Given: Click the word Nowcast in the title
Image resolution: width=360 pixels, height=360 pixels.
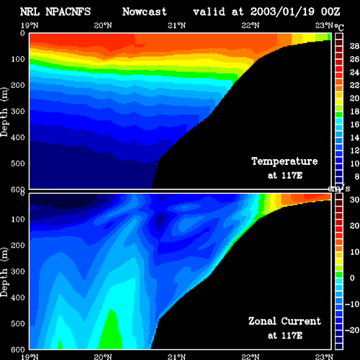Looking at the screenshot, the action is [x=145, y=12].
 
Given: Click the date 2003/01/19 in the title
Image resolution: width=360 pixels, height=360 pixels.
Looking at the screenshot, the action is [x=282, y=12].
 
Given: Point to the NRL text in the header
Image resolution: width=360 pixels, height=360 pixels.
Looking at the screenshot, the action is [x=30, y=12].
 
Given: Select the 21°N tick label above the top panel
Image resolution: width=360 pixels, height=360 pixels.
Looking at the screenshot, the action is [x=176, y=25].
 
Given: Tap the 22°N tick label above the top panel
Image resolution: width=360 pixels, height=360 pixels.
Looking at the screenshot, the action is [x=251, y=25].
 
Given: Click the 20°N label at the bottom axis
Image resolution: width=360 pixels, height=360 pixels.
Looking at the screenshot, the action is [x=103, y=357].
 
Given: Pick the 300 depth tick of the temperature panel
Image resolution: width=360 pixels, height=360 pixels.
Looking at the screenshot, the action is [x=18, y=112].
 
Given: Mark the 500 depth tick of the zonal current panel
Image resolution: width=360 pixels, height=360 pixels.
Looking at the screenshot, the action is [x=18, y=323].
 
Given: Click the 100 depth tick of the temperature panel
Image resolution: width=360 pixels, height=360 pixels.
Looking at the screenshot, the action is [x=18, y=59].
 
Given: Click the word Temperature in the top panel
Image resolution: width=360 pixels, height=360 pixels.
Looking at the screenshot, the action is [x=284, y=161].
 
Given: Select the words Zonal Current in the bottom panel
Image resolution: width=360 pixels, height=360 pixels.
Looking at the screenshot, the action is [x=284, y=321].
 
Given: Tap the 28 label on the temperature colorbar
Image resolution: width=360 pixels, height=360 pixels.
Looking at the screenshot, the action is [x=354, y=46].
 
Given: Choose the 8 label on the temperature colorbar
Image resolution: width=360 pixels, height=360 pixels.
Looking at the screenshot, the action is [x=356, y=176].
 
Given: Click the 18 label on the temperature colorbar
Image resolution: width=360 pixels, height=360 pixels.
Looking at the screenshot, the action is [x=354, y=112].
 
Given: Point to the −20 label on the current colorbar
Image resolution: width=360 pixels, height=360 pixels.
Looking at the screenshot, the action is [x=352, y=330].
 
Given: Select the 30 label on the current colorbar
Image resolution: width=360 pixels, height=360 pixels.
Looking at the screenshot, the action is [x=354, y=199].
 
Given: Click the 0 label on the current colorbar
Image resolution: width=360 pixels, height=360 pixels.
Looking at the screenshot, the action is [x=352, y=278].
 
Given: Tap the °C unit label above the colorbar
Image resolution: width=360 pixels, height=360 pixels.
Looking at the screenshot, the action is [x=339, y=27].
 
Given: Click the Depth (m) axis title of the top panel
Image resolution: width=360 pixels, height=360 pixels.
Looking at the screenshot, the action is [x=4, y=112].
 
